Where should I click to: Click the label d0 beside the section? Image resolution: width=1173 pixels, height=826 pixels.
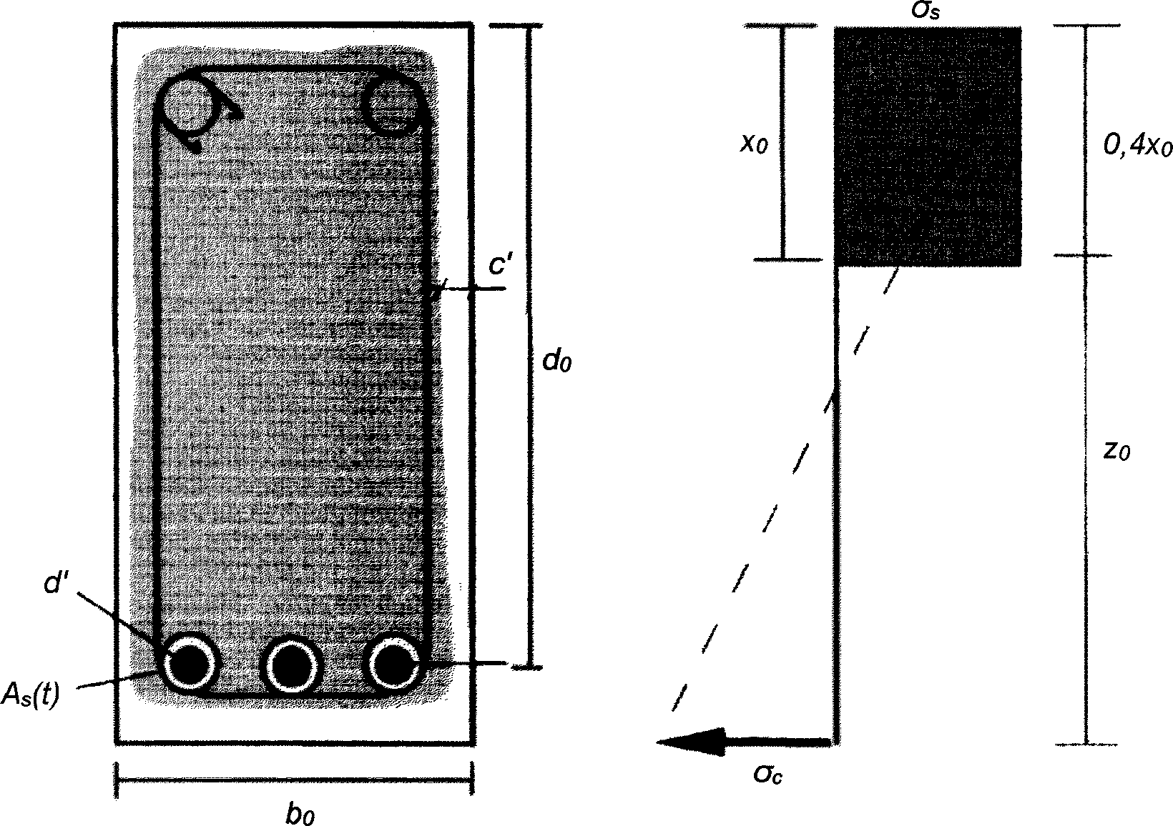pos(557,362)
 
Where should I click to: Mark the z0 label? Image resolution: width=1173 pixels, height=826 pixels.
pos(1116,452)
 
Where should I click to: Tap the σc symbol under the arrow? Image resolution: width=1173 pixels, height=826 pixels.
pos(767,773)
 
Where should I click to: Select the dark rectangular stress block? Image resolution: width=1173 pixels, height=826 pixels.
pos(928,146)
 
